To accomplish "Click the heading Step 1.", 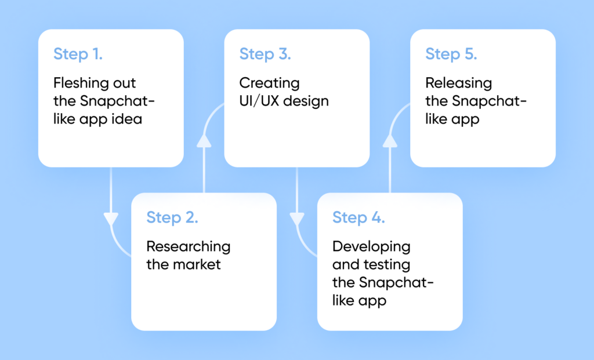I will click(78, 54).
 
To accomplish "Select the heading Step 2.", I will click(172, 218).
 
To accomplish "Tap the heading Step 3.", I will click(265, 54).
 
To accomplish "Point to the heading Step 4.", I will click(358, 218).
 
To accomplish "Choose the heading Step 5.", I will click(451, 54).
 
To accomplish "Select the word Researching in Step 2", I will click(188, 247).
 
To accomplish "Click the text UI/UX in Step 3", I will click(259, 101).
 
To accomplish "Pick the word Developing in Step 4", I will click(371, 247).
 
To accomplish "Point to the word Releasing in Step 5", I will click(458, 83).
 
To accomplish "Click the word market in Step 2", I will click(197, 265).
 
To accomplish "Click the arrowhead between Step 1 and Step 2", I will click(111, 220).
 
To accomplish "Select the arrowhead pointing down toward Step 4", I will click(297, 220).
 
